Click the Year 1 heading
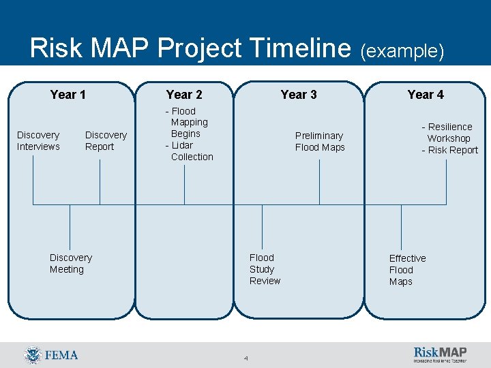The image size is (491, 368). tap(68, 95)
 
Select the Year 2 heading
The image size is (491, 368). tap(184, 95)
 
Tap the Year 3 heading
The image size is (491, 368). tap(299, 95)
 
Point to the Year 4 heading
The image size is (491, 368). tap(426, 95)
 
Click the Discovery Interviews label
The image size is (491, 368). tap(38, 141)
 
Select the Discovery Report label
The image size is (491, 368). tap(106, 141)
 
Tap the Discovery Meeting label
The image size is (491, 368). tap(70, 264)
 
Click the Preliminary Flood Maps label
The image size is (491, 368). tap(320, 142)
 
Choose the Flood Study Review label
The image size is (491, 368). tap(265, 269)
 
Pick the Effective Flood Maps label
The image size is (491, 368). tap(407, 270)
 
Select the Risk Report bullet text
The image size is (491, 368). tap(451, 151)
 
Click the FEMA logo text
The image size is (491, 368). tap(61, 355)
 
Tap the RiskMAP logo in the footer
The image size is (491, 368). tap(441, 354)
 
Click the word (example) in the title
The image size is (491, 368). tap(402, 51)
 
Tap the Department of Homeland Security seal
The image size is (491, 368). tap(32, 355)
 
